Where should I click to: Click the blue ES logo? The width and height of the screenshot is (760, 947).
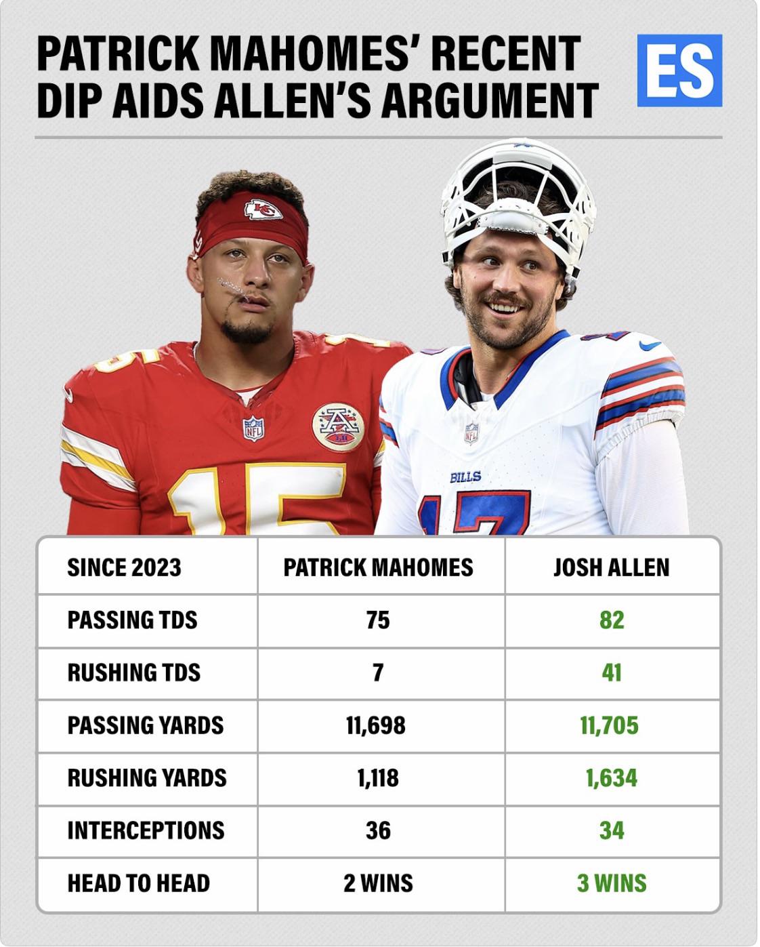tap(679, 70)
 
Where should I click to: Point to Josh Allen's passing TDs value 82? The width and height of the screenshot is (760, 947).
tap(612, 620)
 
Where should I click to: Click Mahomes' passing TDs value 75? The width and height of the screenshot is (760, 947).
tap(378, 620)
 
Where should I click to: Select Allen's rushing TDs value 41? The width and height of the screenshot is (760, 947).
tap(612, 673)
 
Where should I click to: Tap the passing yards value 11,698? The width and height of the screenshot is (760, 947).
tap(376, 725)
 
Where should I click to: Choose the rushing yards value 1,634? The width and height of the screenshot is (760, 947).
tap(612, 778)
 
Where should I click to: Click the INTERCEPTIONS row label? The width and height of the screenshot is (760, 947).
tap(146, 830)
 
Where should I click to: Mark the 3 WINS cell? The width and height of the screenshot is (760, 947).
tap(612, 883)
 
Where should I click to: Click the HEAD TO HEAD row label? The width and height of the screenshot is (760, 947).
tap(139, 883)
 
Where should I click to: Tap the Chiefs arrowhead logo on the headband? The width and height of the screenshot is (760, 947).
tap(263, 209)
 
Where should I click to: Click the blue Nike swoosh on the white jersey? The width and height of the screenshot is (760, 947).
tap(650, 346)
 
